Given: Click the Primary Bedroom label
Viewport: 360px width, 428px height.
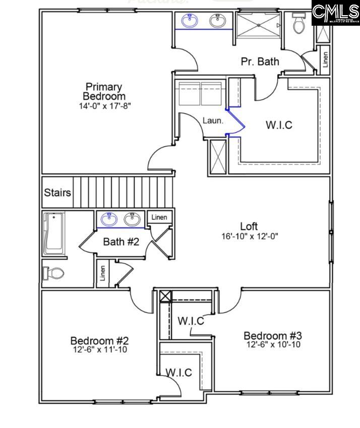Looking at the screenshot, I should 104,91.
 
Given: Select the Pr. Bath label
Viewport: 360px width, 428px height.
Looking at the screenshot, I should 260,62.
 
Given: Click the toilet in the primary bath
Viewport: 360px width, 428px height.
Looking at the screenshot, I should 299,23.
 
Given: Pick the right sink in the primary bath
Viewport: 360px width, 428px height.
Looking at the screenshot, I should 218,21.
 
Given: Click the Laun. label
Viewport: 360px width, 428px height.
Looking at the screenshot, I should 213,120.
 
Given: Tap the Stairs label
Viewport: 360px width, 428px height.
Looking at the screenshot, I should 57,193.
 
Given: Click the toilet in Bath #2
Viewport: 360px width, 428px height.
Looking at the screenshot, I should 54,273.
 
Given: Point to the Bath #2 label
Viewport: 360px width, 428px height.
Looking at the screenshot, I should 121,241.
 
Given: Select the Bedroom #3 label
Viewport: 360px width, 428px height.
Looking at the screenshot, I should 273,335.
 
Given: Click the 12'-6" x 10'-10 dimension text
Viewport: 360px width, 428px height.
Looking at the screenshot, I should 273,345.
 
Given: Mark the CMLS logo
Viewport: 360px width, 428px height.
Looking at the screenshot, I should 335,14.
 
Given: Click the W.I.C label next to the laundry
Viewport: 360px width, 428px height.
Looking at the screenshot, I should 279,125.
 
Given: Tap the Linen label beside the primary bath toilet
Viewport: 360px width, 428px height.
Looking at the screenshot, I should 325,59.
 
